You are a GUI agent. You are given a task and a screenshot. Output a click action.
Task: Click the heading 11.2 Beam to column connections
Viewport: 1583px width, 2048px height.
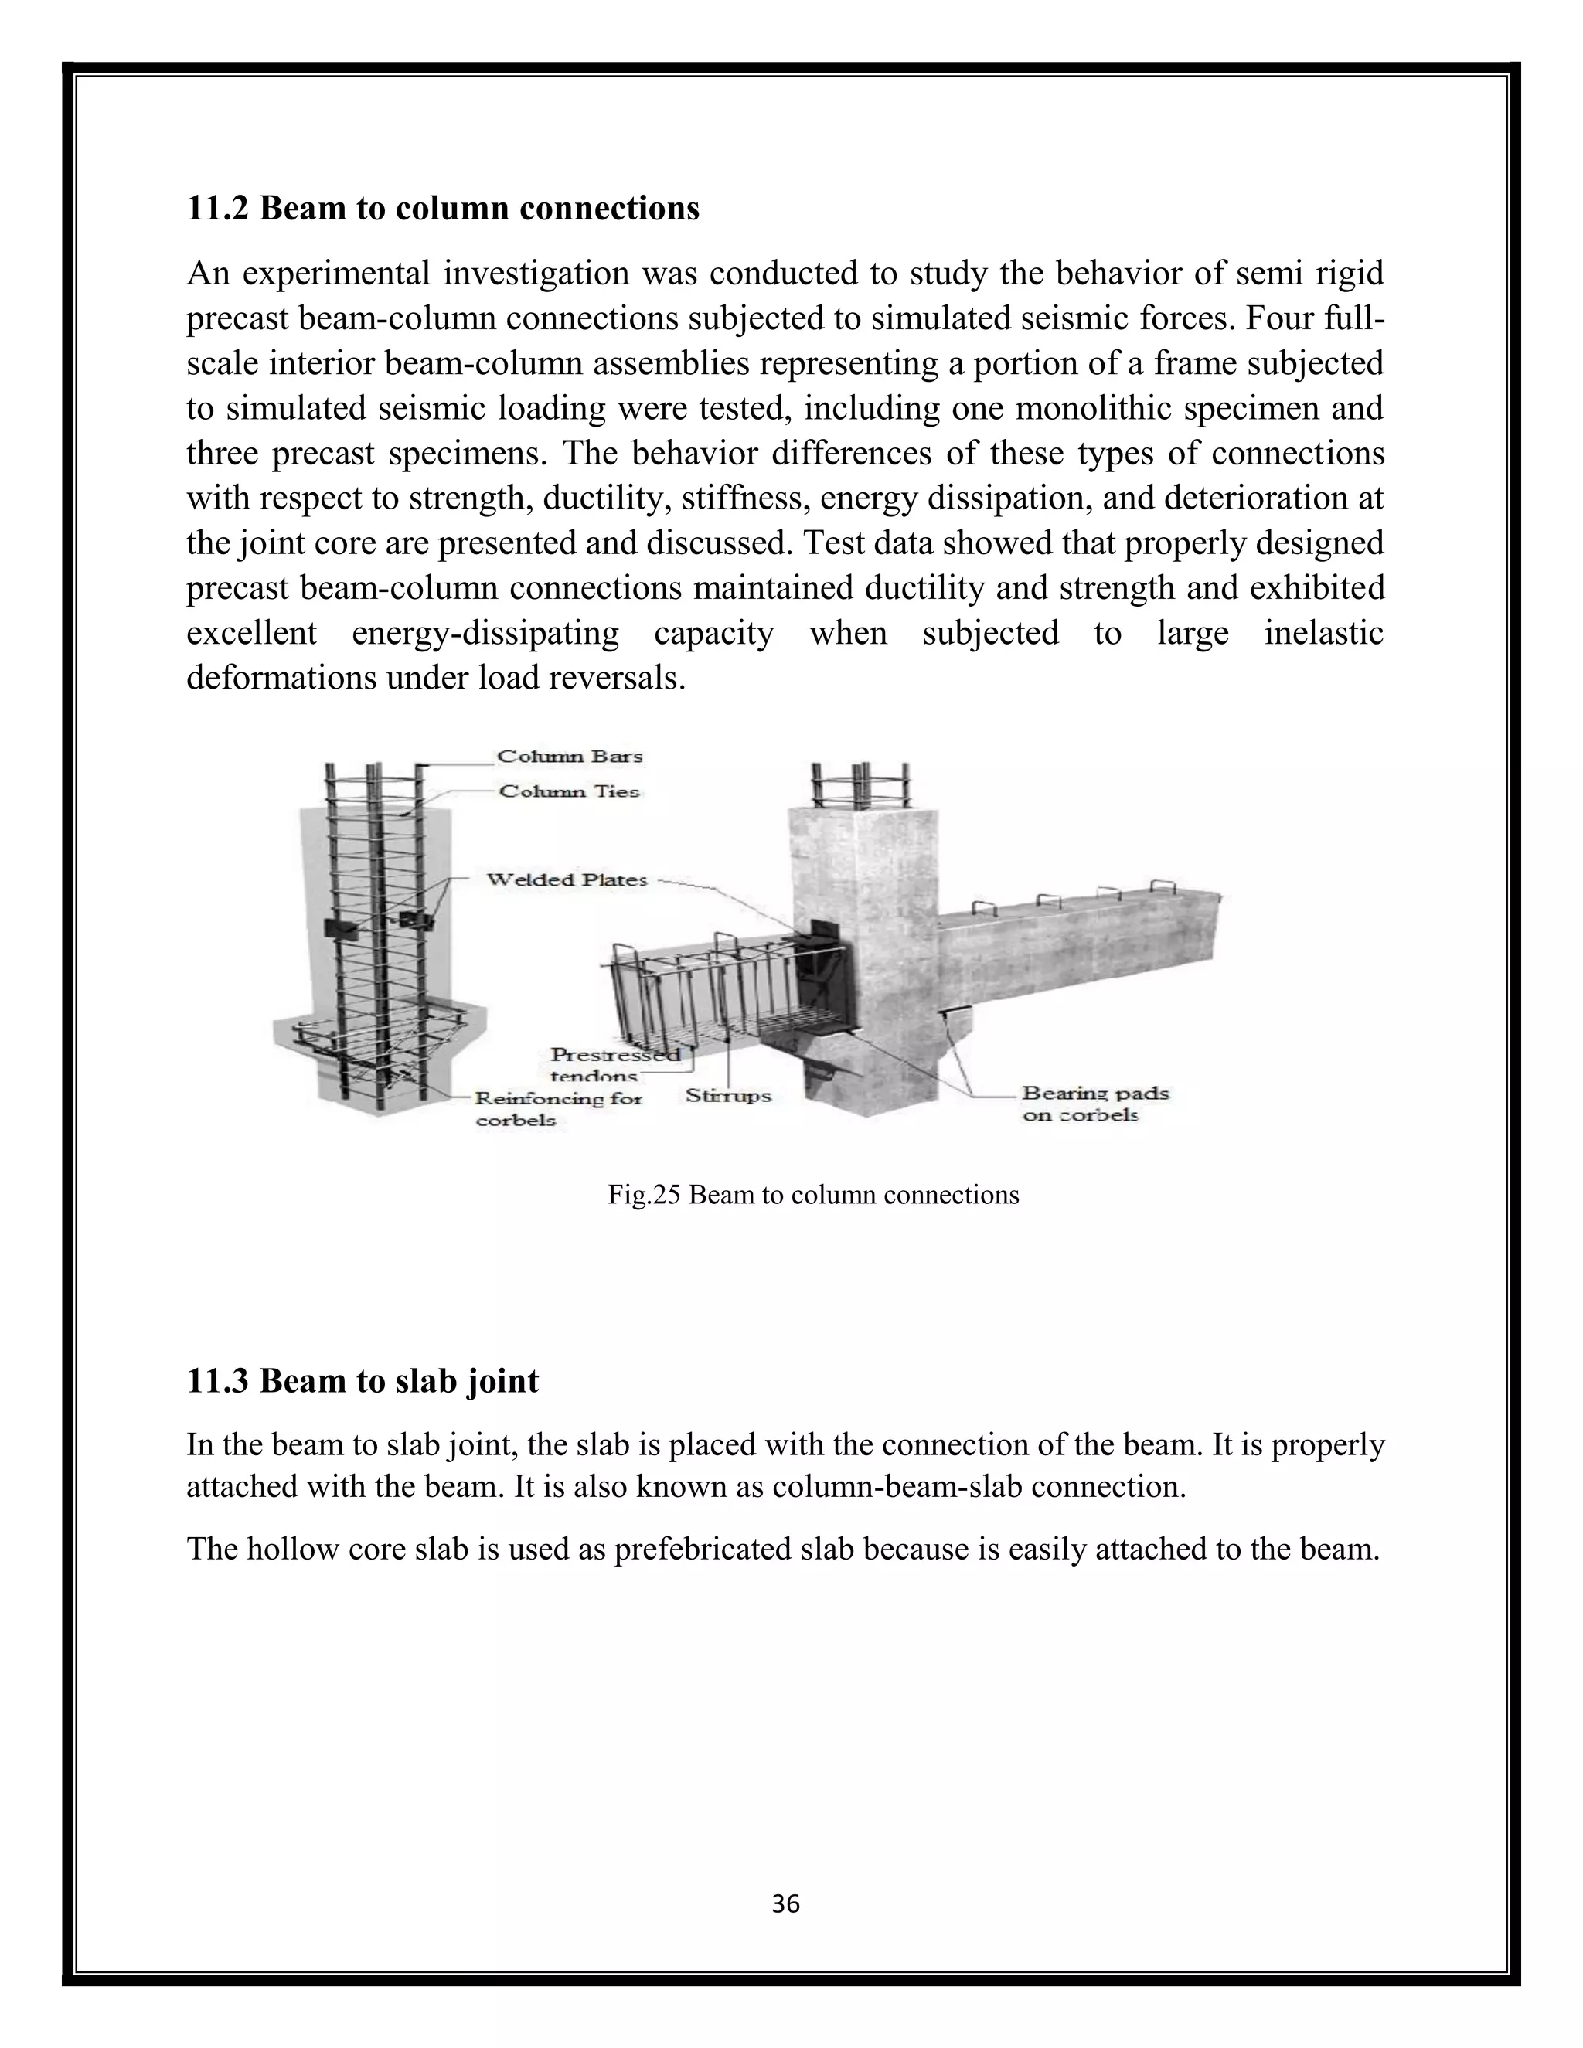click(443, 208)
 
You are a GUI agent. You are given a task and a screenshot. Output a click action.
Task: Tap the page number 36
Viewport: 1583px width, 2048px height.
click(785, 1903)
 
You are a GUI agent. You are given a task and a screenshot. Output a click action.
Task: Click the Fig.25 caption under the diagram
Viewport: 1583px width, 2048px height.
click(813, 1195)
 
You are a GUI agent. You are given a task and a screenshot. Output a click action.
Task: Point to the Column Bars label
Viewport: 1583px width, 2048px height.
click(569, 756)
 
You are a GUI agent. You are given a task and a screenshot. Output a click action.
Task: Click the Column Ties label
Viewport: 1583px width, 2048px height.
click(569, 791)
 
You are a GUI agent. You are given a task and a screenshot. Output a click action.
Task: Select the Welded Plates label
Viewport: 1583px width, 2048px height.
click(567, 879)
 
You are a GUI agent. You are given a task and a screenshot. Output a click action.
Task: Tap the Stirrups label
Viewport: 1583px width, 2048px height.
click(727, 1095)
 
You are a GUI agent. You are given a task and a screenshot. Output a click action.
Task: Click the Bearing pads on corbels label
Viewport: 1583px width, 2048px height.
click(1095, 1104)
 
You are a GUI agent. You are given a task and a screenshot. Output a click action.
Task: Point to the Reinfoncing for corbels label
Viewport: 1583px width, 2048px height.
click(557, 1108)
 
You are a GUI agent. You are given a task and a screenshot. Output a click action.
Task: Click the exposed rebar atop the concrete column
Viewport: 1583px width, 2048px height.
click(861, 786)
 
